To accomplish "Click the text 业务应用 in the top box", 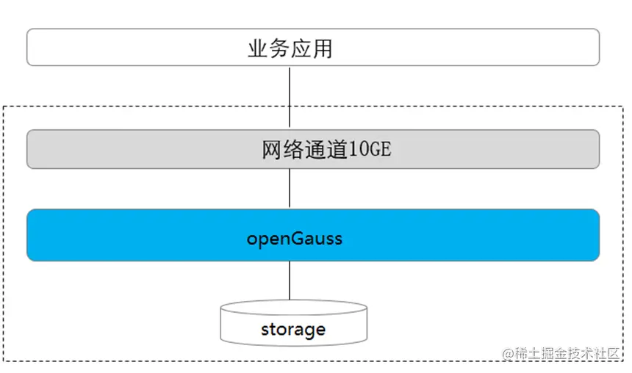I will pyautogui.click(x=290, y=48).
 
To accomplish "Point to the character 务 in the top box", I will pyautogui.click(x=279, y=48).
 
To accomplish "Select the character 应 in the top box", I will pyautogui.click(x=301, y=48).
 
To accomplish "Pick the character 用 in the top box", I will pyautogui.click(x=323, y=48).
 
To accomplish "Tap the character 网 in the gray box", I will pyautogui.click(x=273, y=150).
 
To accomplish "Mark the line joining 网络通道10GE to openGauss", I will pyautogui.click(x=290, y=189).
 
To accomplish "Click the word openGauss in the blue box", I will pyautogui.click(x=294, y=239).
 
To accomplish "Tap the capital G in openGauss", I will pyautogui.click(x=298, y=238).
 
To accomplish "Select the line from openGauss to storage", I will pyautogui.click(x=290, y=280).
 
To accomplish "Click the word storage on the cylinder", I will pyautogui.click(x=293, y=330).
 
